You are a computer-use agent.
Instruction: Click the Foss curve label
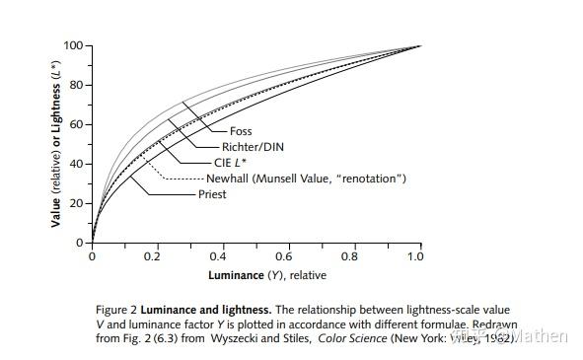pos(242,131)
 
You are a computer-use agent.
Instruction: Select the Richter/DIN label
pos(252,147)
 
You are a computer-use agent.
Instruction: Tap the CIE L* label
pos(232,163)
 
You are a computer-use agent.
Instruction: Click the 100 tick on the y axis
pos(72,46)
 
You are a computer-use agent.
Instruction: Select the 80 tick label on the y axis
pos(75,86)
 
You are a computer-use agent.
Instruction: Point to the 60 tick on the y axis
pos(75,125)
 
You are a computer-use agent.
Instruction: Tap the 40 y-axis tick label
pos(75,164)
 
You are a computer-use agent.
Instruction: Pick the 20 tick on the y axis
pos(75,203)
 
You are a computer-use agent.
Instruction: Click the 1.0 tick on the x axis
pos(415,255)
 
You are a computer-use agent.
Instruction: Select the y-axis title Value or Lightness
pos(58,143)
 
